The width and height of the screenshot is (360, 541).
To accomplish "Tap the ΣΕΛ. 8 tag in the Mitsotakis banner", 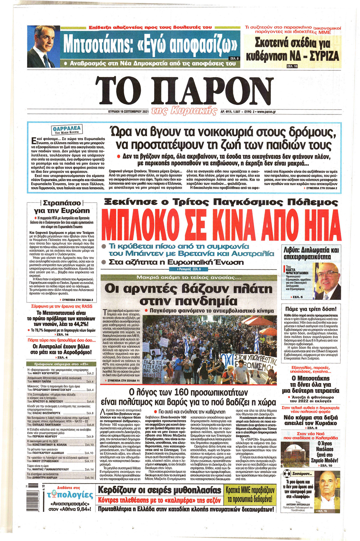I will tap(234, 58).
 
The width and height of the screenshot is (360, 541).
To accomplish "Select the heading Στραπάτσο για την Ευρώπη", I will tap(61, 207).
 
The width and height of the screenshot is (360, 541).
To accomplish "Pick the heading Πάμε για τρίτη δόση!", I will tap(310, 309).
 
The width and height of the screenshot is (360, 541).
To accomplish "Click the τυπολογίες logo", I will tap(70, 495).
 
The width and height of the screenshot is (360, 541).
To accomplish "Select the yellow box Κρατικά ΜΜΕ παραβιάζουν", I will tap(250, 495).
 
